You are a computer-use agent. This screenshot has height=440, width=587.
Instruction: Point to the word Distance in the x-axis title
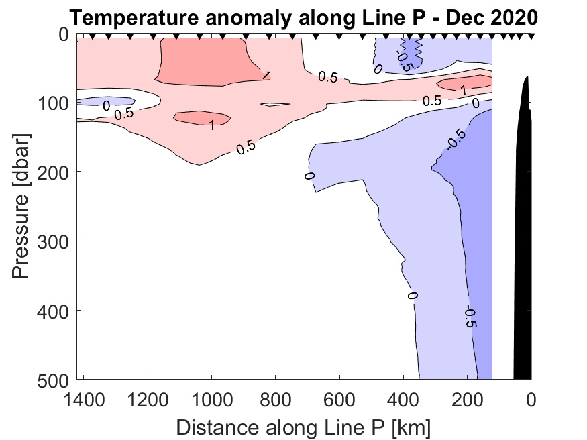pos(213,426)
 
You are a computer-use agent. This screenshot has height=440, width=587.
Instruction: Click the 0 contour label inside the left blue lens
pos(105,105)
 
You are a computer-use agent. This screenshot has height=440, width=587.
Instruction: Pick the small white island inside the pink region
pos(276,105)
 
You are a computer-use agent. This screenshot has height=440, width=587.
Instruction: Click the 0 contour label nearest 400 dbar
pos(412,295)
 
